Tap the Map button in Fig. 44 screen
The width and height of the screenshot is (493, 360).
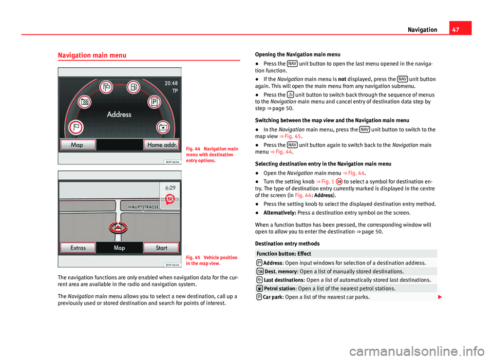point(78,145)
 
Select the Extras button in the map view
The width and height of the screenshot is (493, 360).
point(78,248)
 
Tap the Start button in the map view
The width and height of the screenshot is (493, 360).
point(161,248)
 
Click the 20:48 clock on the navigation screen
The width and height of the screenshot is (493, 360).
point(171,83)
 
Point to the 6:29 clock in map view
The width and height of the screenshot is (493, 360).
point(170,188)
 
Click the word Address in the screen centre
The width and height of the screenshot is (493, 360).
point(119,114)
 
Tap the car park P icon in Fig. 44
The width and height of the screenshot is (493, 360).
point(154,102)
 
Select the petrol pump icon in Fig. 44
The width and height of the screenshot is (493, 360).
point(134,87)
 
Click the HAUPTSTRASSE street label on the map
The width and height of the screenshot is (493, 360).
point(144,207)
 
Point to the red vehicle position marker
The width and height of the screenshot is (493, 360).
point(118,228)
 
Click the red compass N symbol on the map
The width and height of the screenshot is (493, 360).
point(170,199)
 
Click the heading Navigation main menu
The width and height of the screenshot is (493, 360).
point(92,55)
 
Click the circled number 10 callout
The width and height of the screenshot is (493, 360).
point(339,182)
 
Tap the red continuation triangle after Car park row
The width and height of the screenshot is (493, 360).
point(440,297)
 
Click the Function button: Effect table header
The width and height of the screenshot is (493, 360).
point(283,254)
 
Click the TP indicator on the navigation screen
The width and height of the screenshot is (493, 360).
point(175,91)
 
